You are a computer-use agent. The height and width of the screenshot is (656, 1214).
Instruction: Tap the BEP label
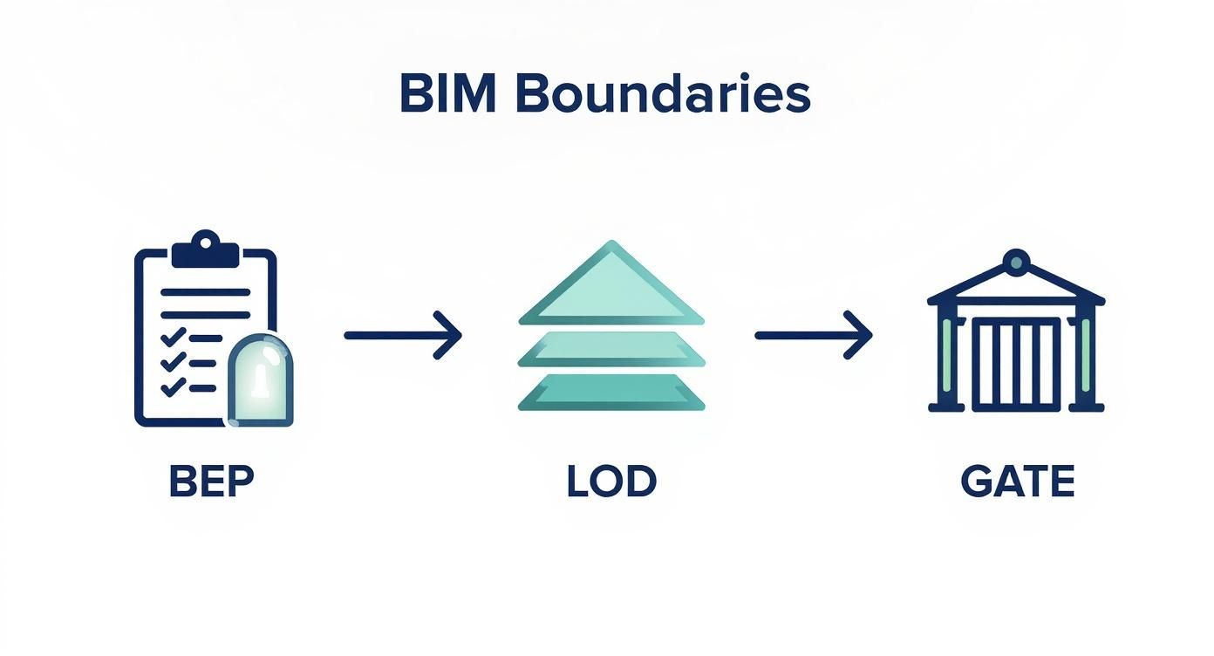click(211, 482)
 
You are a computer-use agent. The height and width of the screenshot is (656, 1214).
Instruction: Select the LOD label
click(610, 482)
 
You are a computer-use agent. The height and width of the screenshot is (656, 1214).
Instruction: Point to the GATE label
click(1017, 482)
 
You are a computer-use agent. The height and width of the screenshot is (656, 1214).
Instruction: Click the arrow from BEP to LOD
click(402, 334)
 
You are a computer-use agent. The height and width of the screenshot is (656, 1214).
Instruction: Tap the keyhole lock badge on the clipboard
click(260, 380)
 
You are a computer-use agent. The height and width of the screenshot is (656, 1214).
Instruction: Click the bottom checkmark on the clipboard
click(174, 386)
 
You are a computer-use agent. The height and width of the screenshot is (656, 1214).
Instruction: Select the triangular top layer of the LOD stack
click(610, 288)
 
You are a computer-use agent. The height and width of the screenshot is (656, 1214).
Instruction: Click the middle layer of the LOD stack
click(610, 349)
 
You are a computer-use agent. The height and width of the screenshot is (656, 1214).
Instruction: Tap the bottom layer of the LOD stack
click(610, 392)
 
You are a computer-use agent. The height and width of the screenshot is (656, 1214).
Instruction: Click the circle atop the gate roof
click(1016, 261)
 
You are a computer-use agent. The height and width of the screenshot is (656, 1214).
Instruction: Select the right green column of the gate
click(1085, 356)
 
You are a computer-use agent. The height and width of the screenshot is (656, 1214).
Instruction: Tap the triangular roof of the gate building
click(1016, 288)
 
